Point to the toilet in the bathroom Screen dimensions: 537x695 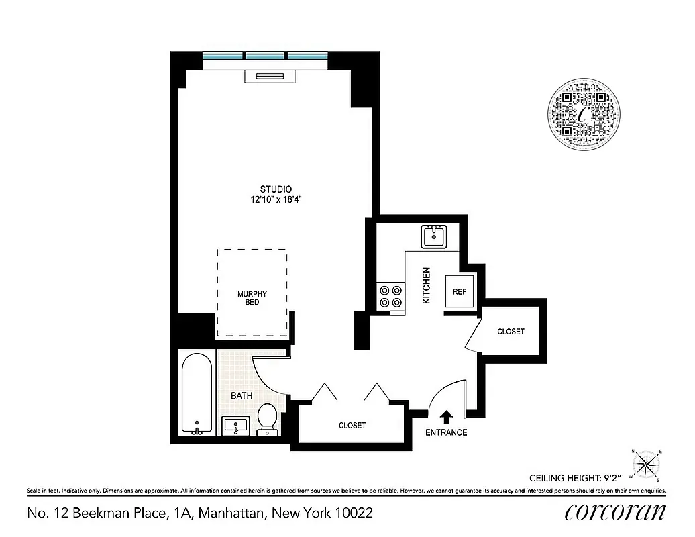point(266,420)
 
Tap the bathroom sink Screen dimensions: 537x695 point(235,426)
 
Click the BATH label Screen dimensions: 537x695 point(242,396)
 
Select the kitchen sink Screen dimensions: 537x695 point(435,237)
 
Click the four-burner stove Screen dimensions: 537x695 point(391,297)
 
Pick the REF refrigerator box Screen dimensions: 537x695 point(460,291)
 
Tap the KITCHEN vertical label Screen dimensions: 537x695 point(425,286)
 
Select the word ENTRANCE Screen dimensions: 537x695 point(446,432)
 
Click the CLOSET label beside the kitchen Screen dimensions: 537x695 point(511,332)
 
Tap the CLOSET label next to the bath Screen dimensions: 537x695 point(352,425)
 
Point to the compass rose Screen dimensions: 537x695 point(647,464)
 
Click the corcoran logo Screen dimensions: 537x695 point(615,512)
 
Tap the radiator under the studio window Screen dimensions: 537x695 point(270,76)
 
